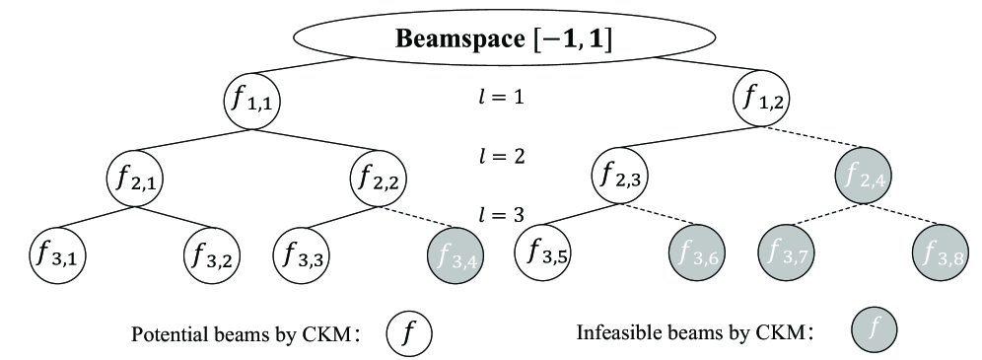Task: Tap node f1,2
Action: [761, 101]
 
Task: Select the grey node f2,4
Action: [864, 180]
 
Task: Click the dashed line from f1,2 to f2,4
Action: [812, 139]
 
